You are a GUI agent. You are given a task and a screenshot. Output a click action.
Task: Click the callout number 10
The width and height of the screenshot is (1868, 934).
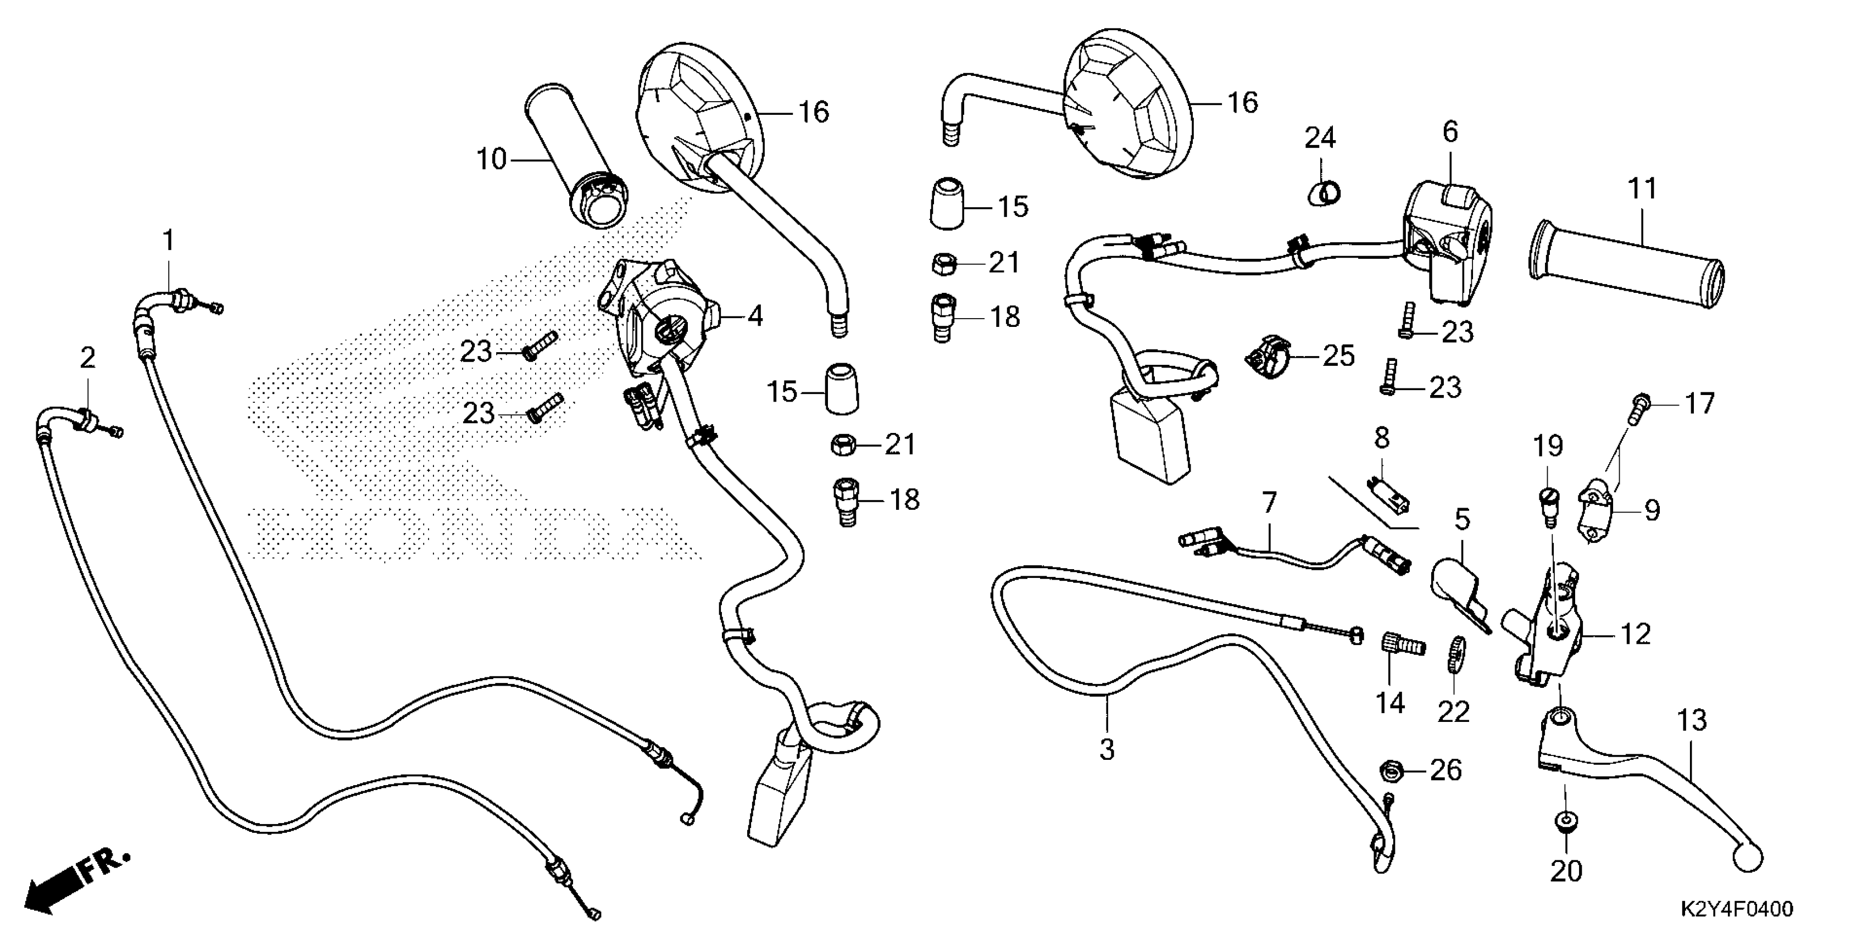pyautogui.click(x=491, y=159)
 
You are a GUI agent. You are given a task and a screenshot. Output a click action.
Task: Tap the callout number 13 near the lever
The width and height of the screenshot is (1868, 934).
pyautogui.click(x=1692, y=721)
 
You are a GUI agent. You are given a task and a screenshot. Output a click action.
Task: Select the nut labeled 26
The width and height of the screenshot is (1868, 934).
pyautogui.click(x=1389, y=770)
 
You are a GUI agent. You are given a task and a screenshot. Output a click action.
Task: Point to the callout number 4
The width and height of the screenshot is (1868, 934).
pyautogui.click(x=755, y=316)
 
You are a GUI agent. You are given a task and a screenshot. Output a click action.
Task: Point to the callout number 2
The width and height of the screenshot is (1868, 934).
pyautogui.click(x=87, y=358)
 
